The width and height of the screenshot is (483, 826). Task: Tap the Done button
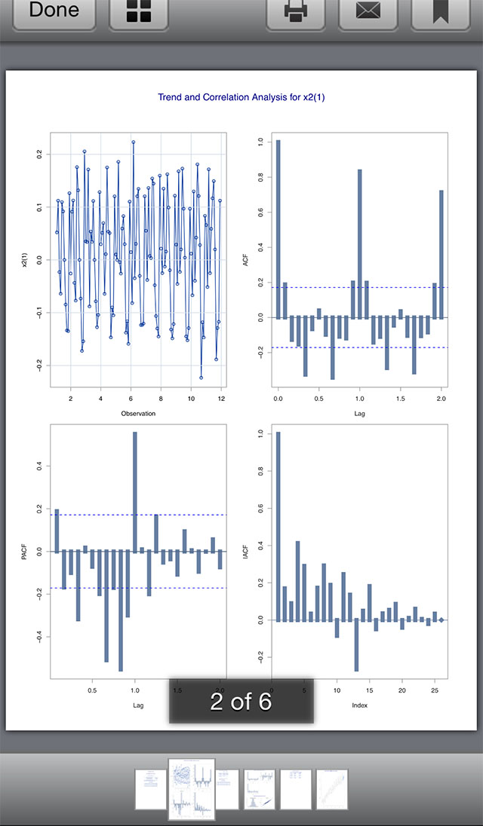(x=54, y=12)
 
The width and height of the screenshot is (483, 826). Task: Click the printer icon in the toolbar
(x=295, y=13)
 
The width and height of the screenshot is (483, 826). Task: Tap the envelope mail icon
(x=368, y=13)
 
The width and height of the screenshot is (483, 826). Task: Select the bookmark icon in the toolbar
(x=440, y=13)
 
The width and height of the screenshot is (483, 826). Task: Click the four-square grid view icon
(x=138, y=13)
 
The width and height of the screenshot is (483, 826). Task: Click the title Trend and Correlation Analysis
(x=241, y=97)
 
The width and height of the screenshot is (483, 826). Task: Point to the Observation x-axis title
(x=138, y=414)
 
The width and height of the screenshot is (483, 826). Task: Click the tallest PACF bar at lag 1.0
(x=135, y=492)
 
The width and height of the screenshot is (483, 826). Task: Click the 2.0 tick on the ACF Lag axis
(x=441, y=397)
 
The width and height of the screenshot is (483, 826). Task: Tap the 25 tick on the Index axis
(x=434, y=690)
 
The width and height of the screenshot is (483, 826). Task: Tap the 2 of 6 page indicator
(x=241, y=702)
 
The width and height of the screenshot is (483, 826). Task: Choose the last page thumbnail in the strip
(x=332, y=789)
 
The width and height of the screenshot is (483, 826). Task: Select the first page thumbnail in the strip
(x=151, y=788)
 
